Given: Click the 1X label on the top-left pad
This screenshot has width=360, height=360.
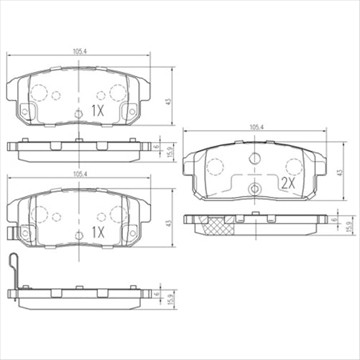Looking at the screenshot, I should click(98, 111).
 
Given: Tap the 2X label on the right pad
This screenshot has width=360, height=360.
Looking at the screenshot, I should click(288, 183).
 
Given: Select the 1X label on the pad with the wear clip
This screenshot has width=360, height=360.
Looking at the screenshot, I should click(98, 232).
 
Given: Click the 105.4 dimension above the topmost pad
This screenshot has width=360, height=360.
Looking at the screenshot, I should click(79, 51).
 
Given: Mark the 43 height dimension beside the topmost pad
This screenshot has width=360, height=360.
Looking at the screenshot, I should click(169, 102).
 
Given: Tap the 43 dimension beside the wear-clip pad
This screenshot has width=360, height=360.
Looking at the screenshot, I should click(169, 223).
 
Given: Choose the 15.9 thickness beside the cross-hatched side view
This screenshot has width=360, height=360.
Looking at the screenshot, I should click(348, 227).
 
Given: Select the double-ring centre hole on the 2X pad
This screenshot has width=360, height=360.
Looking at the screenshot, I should click(254, 188).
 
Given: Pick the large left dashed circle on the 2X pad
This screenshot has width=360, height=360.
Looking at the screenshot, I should click(215, 167).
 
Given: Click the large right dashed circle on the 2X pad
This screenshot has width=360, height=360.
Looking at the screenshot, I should click(294, 167).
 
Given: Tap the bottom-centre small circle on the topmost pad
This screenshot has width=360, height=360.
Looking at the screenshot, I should click(79, 114).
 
